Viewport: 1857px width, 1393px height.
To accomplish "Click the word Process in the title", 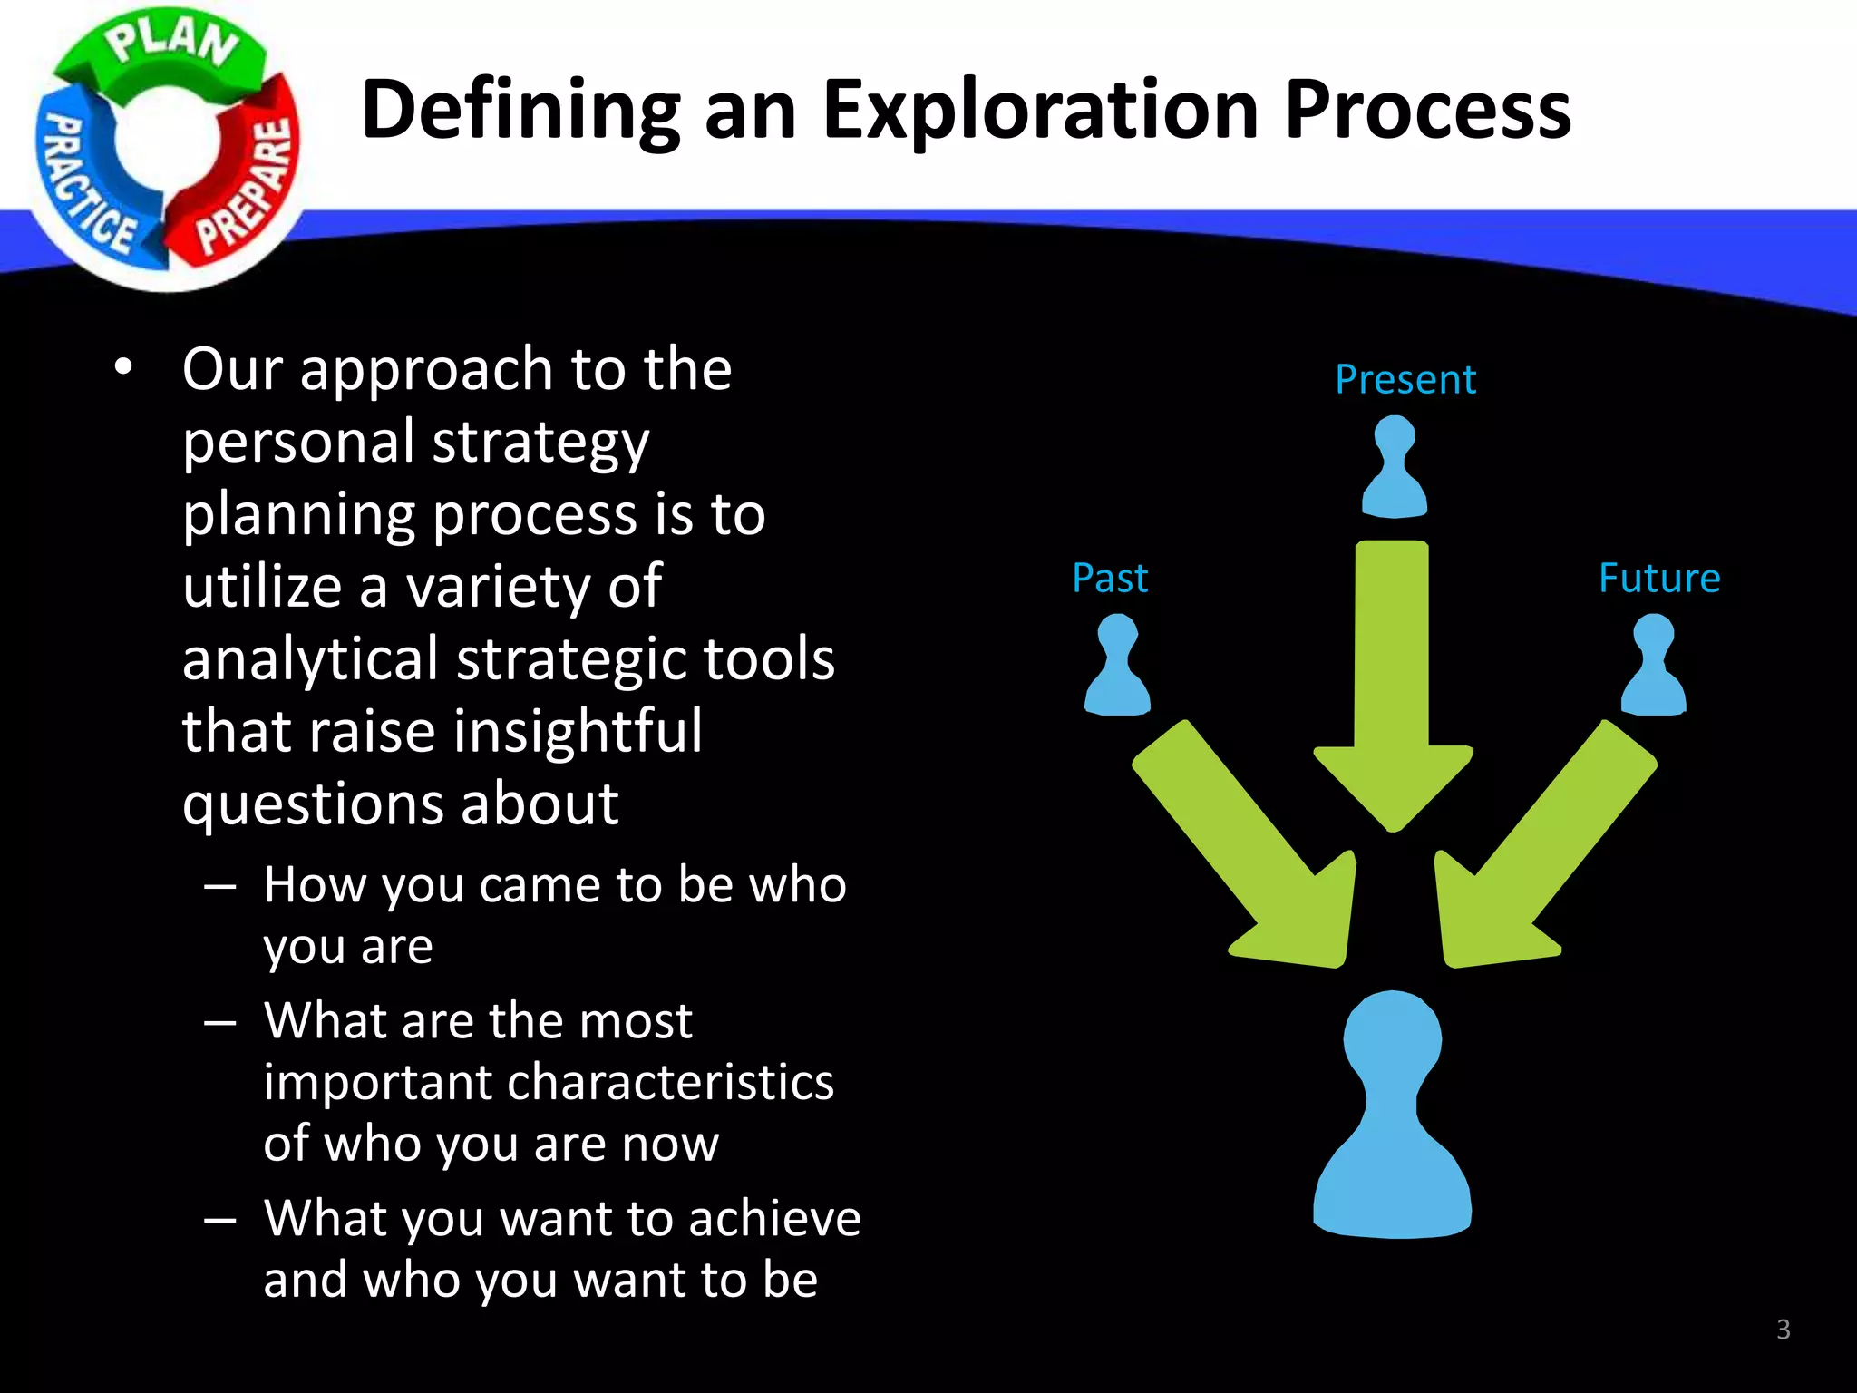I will tap(1427, 111).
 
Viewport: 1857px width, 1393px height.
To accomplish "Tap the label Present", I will tap(1405, 379).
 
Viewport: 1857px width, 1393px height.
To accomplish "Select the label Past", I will tap(1110, 578).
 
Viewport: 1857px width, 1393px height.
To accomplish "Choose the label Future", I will tap(1658, 578).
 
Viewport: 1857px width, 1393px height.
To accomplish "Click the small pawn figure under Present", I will tap(1395, 468).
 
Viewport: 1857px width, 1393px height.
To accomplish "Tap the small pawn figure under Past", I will tap(1117, 666).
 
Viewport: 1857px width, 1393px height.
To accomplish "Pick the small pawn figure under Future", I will tap(1653, 666).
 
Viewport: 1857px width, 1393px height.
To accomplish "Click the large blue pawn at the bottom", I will tap(1393, 1125).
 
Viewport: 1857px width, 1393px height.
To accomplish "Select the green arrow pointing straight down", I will tap(1393, 689).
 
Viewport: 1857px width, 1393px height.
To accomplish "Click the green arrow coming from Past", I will tap(1251, 852).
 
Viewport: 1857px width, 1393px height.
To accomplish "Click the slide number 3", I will tap(1783, 1330).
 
